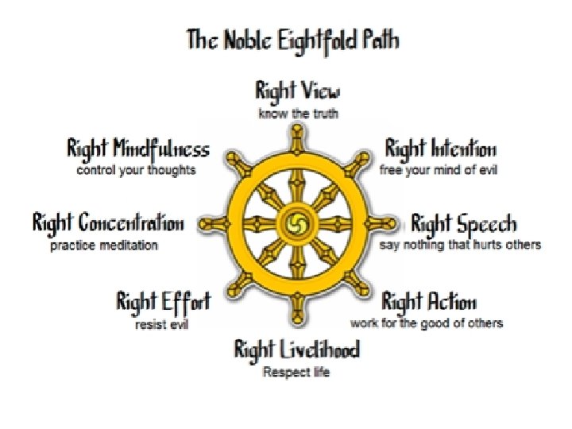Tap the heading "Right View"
pyautogui.click(x=298, y=91)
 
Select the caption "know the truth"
pyautogui.click(x=298, y=114)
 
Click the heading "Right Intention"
pyautogui.click(x=441, y=149)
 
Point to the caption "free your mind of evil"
pyautogui.click(x=439, y=170)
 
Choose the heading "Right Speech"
pyautogui.click(x=464, y=223)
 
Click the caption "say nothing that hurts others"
pyautogui.click(x=460, y=245)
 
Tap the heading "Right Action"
pyautogui.click(x=429, y=302)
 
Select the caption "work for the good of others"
pyautogui.click(x=427, y=323)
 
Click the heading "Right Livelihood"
pyautogui.click(x=296, y=350)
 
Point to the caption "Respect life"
pyautogui.click(x=296, y=372)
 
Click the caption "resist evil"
pyautogui.click(x=161, y=324)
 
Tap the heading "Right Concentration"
pyautogui.click(x=108, y=223)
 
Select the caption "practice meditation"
pyautogui.click(x=104, y=245)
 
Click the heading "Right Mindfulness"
pyautogui.click(x=138, y=149)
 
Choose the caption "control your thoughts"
pyautogui.click(x=136, y=170)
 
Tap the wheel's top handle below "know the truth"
pyautogui.click(x=298, y=133)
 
